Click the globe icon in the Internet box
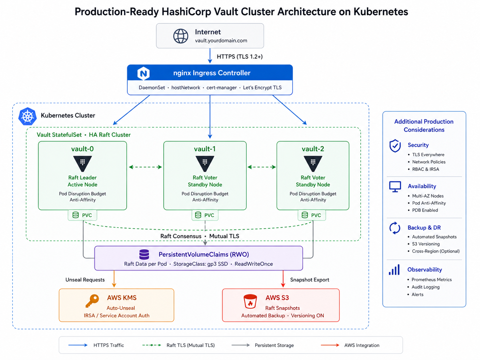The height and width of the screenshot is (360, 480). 181,36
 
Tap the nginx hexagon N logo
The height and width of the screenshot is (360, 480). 144,73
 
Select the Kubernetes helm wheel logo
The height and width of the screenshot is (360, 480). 28,116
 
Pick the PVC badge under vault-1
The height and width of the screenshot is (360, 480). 205,215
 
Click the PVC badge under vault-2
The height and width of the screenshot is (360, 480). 312,215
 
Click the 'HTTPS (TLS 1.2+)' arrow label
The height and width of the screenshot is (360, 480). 240,57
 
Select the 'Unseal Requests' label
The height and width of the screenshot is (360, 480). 85,280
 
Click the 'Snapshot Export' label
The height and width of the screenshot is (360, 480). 310,280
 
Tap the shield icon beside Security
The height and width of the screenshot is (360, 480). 395,146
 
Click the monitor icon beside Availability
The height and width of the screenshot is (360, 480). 395,187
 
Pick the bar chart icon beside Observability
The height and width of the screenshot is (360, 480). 394,270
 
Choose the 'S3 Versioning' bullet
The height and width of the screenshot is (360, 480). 426,244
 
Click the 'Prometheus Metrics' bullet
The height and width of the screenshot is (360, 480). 431,280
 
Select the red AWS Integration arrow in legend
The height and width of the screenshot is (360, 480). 330,345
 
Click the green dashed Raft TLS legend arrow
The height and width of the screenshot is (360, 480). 151,345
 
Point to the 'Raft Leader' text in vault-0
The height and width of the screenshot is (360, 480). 83,178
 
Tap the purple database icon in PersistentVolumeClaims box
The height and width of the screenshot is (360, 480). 144,255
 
